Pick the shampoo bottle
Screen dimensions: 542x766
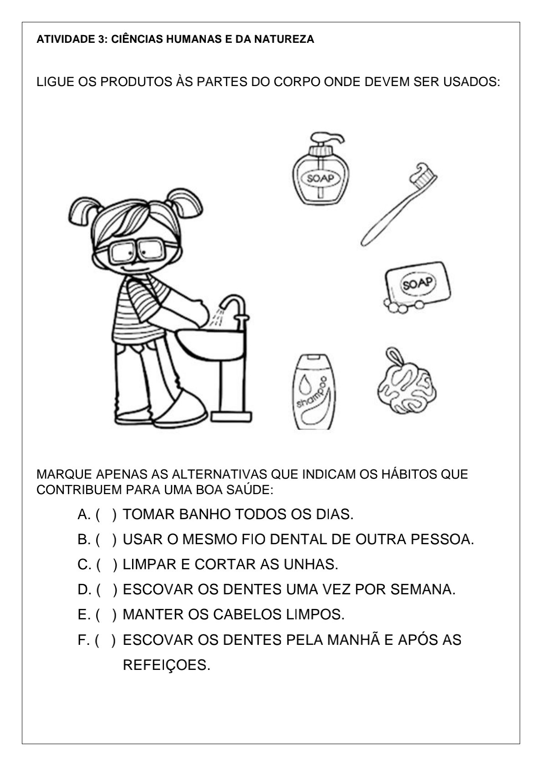(x=314, y=392)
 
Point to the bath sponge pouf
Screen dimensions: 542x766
(x=406, y=385)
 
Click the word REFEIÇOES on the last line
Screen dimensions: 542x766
(x=166, y=665)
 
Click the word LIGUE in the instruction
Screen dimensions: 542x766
(x=55, y=82)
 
